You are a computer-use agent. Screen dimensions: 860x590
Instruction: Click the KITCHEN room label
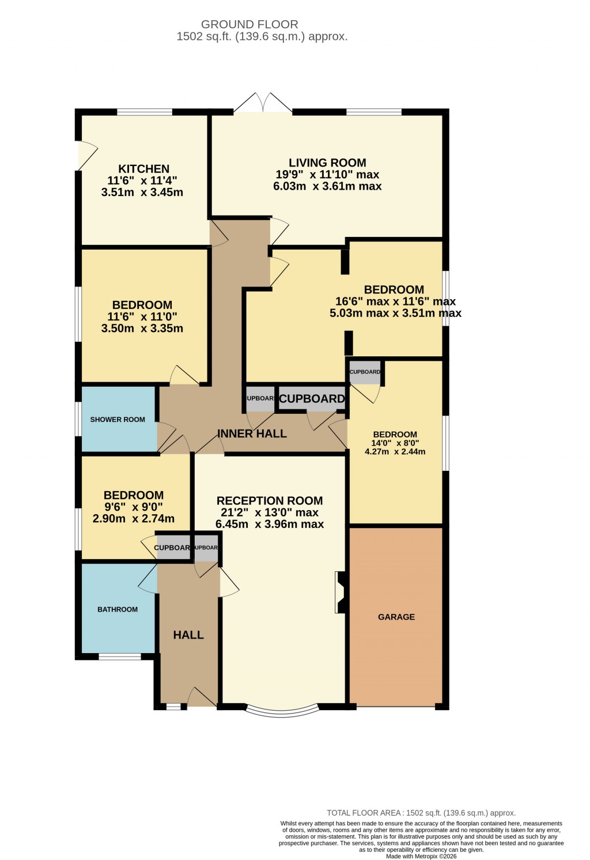[143, 169]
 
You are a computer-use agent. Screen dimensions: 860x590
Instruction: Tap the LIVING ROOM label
[327, 163]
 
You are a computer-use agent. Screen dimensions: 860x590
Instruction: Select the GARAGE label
[396, 617]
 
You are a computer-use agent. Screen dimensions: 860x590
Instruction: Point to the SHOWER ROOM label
[118, 420]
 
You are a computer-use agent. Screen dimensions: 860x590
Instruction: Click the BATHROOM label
[118, 609]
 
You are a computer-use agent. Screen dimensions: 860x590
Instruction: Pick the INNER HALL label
[252, 434]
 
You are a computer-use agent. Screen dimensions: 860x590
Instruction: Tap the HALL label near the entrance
[188, 635]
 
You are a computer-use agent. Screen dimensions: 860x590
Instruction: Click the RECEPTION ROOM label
[270, 501]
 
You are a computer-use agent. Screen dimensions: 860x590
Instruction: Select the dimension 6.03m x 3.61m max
[327, 186]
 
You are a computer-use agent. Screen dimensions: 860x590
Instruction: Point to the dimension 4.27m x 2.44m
[395, 452]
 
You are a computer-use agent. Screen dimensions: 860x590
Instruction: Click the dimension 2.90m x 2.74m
[134, 519]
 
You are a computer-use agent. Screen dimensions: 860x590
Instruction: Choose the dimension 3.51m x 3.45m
[142, 193]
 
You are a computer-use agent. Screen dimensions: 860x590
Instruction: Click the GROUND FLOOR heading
[249, 24]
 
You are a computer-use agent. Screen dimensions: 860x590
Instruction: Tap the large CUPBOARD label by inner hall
[312, 399]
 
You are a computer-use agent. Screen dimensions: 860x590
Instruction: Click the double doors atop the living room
[263, 104]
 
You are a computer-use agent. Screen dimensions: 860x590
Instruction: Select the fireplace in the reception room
[340, 592]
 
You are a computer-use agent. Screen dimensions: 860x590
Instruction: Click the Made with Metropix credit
[421, 857]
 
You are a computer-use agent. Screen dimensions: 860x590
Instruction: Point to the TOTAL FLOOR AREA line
[421, 813]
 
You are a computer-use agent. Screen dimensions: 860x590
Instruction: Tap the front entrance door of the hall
[201, 698]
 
